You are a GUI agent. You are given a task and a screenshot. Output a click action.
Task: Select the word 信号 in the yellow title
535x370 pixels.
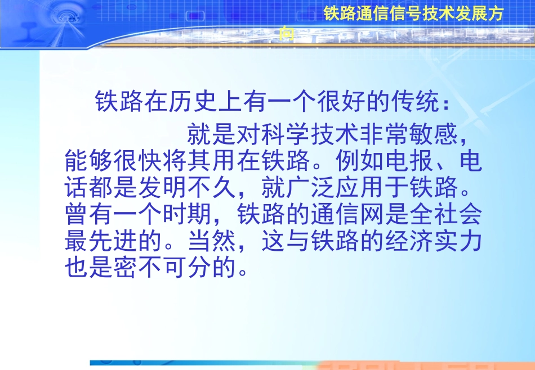(405, 15)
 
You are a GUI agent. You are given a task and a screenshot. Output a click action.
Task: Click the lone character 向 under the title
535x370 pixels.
(287, 34)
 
